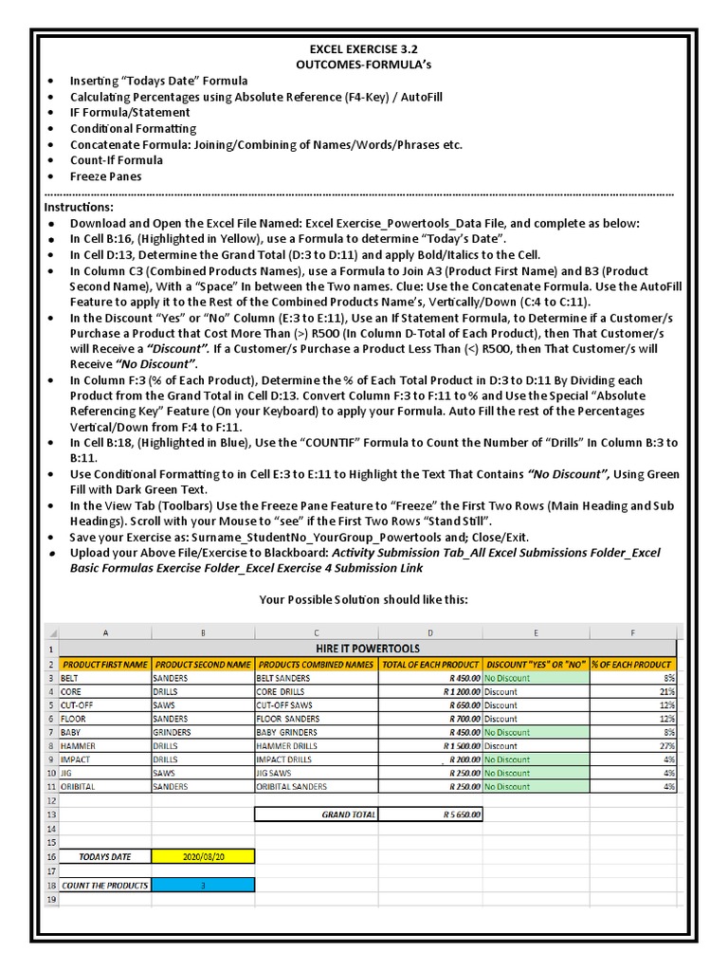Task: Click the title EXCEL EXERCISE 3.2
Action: click(x=363, y=47)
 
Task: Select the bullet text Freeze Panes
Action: click(x=105, y=176)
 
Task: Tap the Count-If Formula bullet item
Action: click(x=116, y=160)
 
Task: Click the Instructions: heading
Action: click(x=79, y=207)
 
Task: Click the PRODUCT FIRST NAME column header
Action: click(x=105, y=665)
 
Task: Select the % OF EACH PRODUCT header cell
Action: click(x=632, y=665)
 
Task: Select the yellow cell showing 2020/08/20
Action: click(x=203, y=856)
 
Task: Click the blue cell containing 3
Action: click(x=203, y=885)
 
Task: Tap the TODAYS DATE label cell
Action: click(x=105, y=856)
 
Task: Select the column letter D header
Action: click(x=430, y=632)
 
